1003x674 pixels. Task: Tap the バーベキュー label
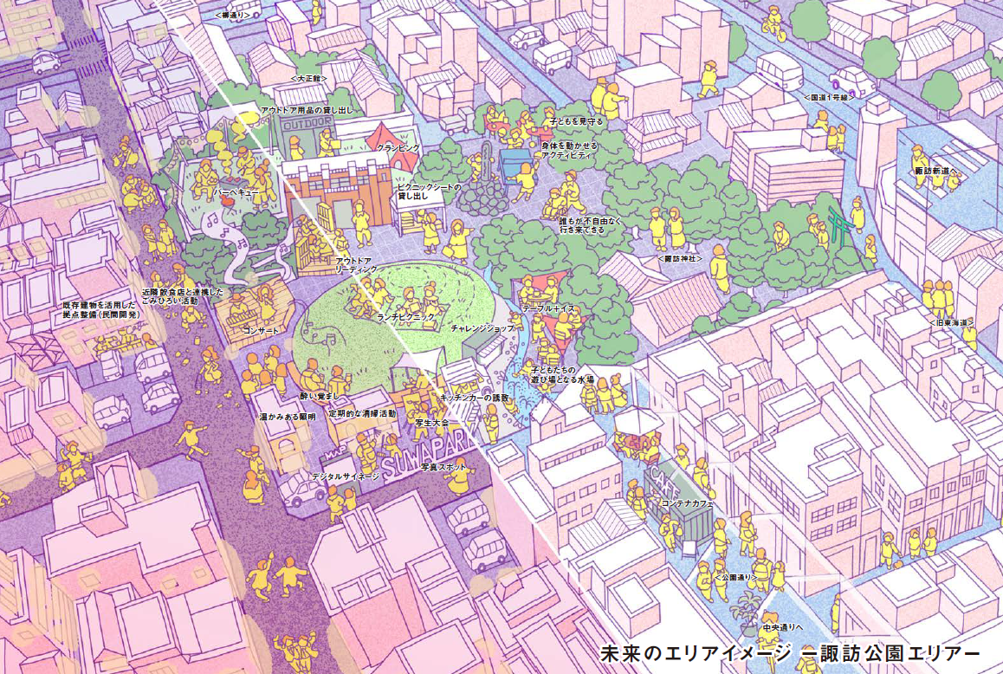237,192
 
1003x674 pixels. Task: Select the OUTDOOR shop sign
307,124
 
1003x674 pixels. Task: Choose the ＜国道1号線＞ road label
829,98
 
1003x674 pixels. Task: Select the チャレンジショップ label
482,329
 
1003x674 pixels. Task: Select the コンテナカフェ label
687,503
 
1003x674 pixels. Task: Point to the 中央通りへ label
783,626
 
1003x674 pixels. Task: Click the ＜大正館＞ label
307,78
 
